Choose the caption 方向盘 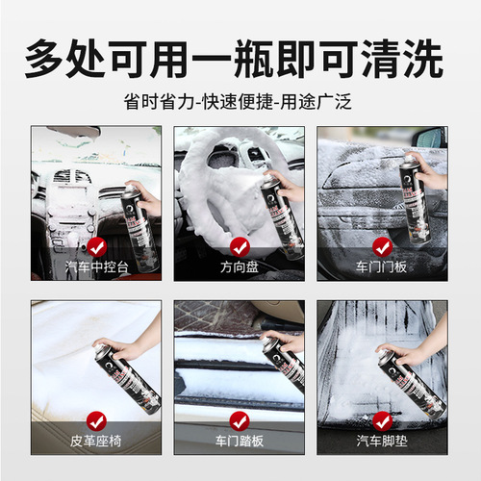click(240, 266)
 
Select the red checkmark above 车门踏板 click(240, 419)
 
